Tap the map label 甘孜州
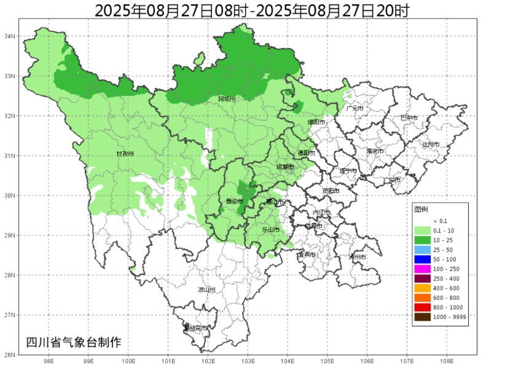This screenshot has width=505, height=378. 125,154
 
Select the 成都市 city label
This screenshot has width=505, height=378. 284,167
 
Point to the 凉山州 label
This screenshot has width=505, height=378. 206,289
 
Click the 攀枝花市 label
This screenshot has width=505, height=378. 196,328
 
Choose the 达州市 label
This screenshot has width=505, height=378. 431,144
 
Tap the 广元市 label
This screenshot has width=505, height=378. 354,108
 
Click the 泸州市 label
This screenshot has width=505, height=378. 357,257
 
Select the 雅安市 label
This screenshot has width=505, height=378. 232,202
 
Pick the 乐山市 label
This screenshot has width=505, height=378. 270,229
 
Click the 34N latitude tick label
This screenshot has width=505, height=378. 10,36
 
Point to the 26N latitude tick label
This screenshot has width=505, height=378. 10,355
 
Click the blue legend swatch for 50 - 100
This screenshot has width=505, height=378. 422,259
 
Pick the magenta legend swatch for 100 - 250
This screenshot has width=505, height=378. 422,269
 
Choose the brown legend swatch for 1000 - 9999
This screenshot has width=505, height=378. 422,317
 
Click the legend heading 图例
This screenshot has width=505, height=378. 421,209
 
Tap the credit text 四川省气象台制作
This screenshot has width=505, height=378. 73,342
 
